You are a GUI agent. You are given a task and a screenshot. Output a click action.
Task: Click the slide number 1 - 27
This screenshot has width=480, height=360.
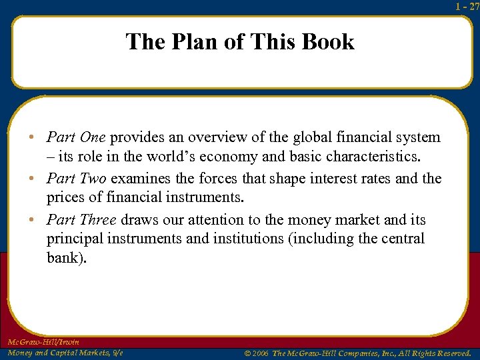click(x=467, y=6)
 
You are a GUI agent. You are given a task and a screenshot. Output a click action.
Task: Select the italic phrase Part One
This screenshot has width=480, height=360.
click(x=76, y=137)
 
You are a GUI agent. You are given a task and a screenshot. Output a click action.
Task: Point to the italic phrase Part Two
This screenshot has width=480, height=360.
click(x=76, y=179)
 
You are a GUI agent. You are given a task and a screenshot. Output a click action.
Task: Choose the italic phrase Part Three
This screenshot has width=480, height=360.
click(x=81, y=220)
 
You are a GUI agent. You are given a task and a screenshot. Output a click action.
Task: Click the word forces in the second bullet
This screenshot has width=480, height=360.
click(x=211, y=179)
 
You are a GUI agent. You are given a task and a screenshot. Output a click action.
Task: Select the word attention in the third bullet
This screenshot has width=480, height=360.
click(x=235, y=220)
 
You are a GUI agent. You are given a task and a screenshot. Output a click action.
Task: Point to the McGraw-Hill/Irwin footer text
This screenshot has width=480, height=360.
click(x=43, y=342)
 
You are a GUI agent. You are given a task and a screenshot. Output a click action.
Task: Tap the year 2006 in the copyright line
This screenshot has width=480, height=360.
click(x=260, y=353)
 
